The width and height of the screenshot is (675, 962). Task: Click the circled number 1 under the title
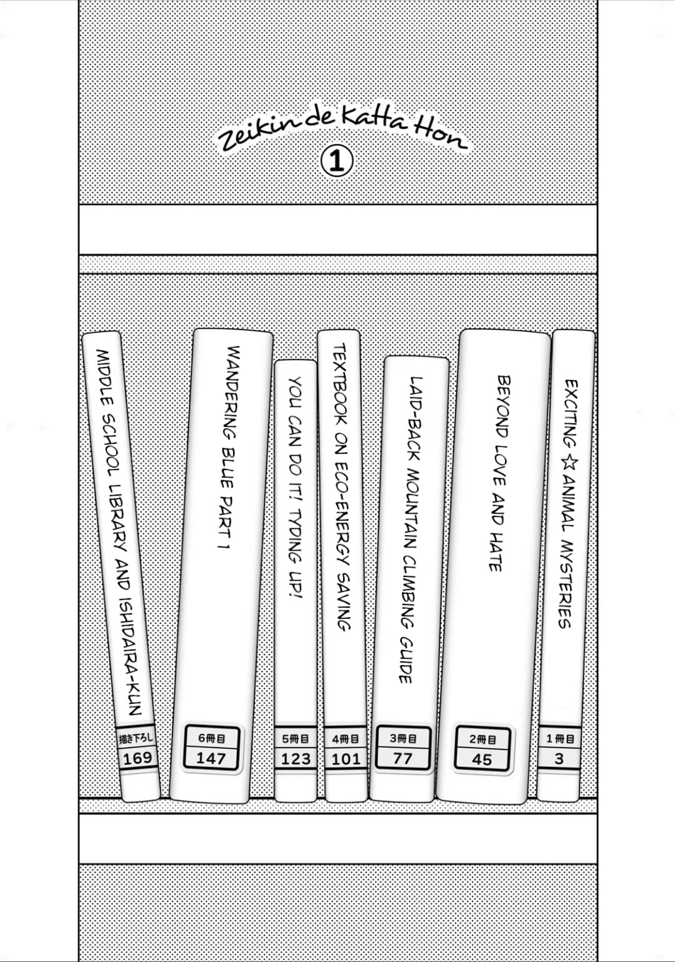337,161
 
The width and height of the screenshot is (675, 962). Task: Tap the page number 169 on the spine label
137,758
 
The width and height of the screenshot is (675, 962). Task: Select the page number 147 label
211,758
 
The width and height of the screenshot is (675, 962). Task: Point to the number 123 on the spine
296,759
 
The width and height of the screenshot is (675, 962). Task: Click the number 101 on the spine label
346,759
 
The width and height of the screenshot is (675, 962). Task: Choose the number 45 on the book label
482,759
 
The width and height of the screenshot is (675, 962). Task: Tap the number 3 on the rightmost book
559,759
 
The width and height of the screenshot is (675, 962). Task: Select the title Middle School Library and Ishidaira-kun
118,533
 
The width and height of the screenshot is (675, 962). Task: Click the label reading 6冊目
211,738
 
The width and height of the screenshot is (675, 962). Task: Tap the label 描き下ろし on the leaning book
136,739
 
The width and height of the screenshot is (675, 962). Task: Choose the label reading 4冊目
346,739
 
